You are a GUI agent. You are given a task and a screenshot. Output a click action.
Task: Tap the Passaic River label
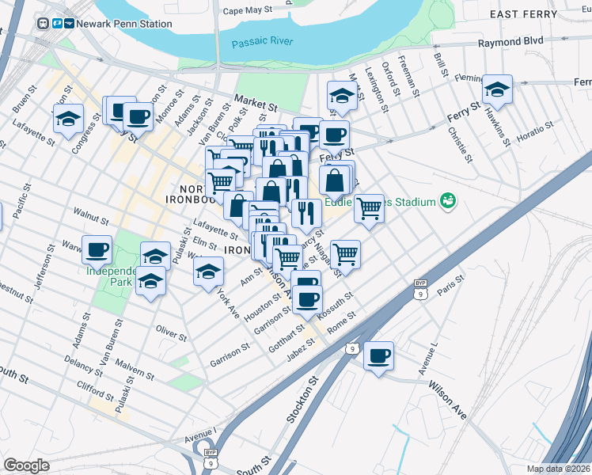262,42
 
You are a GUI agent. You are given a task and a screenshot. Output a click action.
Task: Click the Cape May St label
247,10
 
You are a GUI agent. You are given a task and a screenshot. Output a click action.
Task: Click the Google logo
26,465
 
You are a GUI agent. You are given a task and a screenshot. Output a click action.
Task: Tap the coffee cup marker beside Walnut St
97,249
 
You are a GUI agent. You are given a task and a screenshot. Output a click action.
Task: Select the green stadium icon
449,201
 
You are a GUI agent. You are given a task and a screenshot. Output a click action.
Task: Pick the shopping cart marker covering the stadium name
369,208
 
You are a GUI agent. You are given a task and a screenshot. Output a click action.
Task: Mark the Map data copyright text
558,469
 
